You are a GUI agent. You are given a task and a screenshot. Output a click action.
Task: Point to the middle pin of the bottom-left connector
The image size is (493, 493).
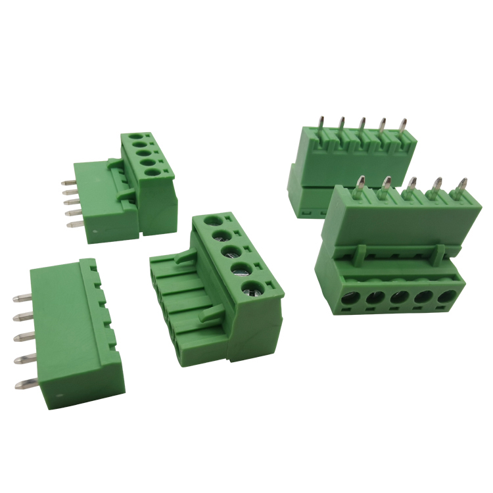tap(24, 340)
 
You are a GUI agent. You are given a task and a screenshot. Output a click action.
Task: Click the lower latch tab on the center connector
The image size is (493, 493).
tap(210, 314)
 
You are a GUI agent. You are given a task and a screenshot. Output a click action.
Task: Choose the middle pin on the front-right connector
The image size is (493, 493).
tap(411, 185)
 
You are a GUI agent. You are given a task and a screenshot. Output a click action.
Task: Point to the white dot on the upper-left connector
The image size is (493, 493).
tap(97, 232)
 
